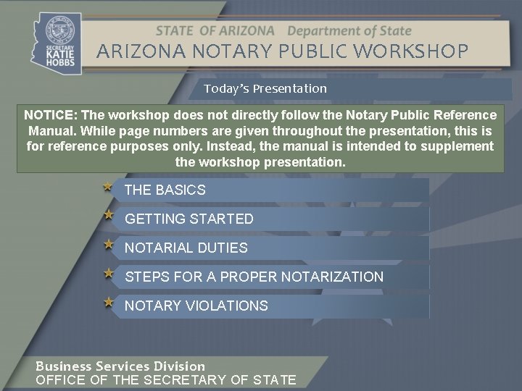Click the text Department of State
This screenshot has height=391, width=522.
349,31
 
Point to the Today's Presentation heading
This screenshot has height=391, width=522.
265,88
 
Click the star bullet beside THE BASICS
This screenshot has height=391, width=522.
108,187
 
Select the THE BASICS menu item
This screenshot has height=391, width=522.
165,190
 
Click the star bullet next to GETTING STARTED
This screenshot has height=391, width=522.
108,215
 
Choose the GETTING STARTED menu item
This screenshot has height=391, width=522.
189,219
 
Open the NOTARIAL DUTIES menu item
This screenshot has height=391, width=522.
186,248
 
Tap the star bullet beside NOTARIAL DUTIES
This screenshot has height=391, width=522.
108,244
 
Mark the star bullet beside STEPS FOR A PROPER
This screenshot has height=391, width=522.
108,273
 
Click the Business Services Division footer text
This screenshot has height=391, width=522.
120,366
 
